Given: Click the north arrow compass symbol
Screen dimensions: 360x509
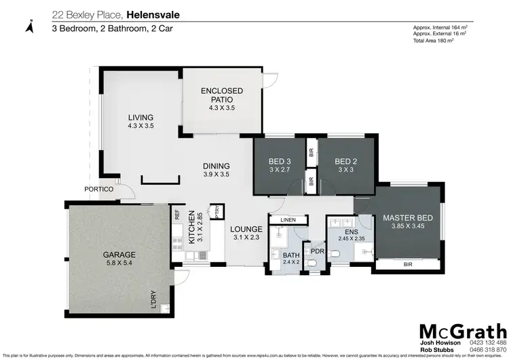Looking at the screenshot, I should click(29, 26).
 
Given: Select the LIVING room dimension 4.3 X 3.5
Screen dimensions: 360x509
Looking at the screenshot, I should click(141, 126).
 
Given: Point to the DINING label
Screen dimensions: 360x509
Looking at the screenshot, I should click(216, 166).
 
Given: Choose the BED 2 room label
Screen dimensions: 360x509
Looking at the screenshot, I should click(345, 162).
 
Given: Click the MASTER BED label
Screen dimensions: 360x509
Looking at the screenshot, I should click(403, 218).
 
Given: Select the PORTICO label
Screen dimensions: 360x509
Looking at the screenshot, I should click(97, 189).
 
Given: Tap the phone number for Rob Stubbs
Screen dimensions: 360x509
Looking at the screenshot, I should click(487, 350).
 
